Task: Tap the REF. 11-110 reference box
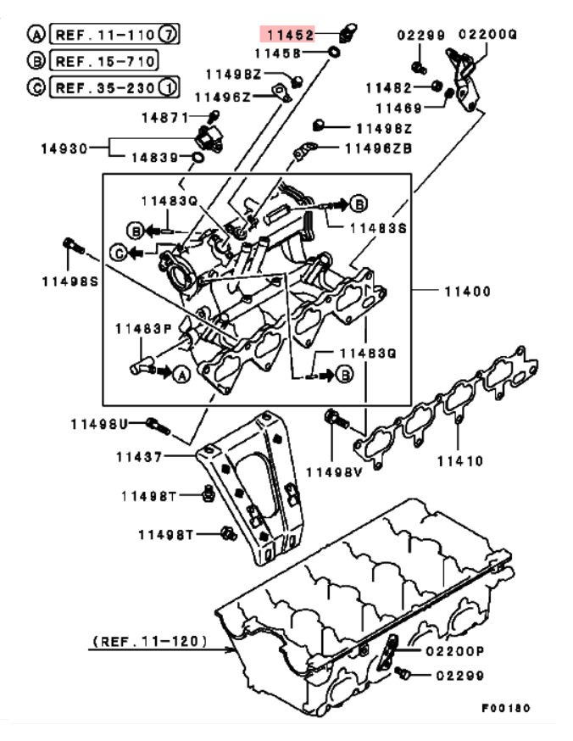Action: [x=114, y=34]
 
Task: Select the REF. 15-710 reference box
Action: [x=104, y=61]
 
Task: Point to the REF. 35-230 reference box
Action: [x=114, y=87]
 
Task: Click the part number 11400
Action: [x=467, y=291]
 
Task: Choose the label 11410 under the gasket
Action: [x=460, y=460]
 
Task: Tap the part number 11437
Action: [x=139, y=456]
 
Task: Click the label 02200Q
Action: [x=487, y=35]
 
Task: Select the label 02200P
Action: [x=455, y=651]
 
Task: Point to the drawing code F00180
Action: [x=506, y=708]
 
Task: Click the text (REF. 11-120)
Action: [x=150, y=641]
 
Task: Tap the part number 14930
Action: [x=64, y=148]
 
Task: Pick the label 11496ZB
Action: [x=378, y=148]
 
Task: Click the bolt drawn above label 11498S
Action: [x=73, y=245]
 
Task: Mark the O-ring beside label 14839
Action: [x=198, y=157]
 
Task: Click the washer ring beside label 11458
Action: [x=333, y=52]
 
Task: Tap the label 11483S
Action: [x=378, y=228]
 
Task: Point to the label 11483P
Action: [x=143, y=328]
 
